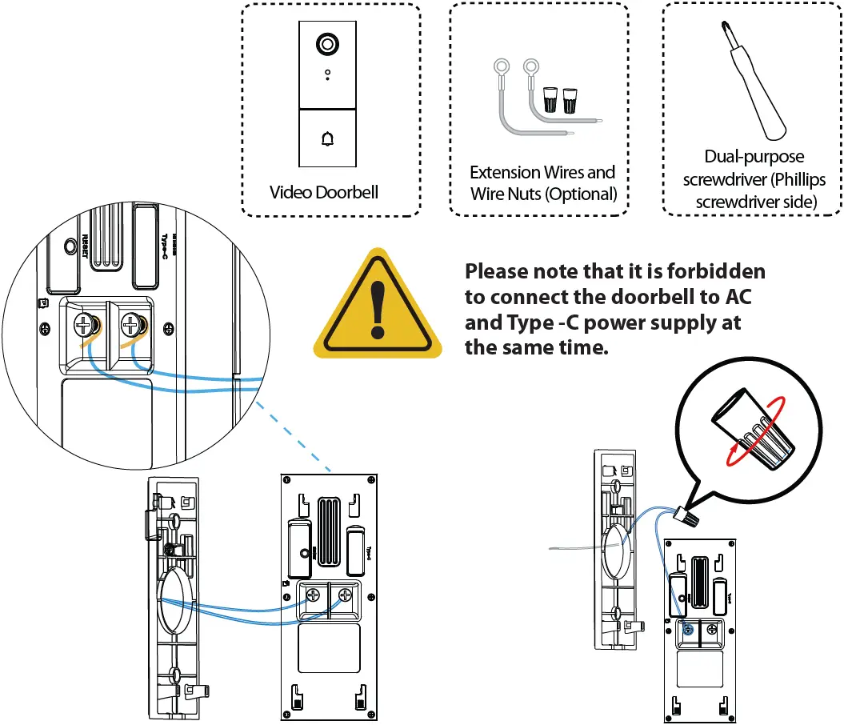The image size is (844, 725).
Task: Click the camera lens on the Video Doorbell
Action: click(326, 44)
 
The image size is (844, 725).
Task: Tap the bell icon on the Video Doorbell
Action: click(326, 139)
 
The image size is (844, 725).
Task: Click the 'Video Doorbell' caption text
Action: click(323, 192)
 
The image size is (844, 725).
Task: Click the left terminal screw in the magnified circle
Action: click(83, 325)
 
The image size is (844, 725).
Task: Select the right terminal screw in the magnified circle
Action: click(130, 325)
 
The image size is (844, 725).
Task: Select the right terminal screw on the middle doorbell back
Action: click(346, 595)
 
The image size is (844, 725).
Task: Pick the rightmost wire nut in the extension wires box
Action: click(570, 99)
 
